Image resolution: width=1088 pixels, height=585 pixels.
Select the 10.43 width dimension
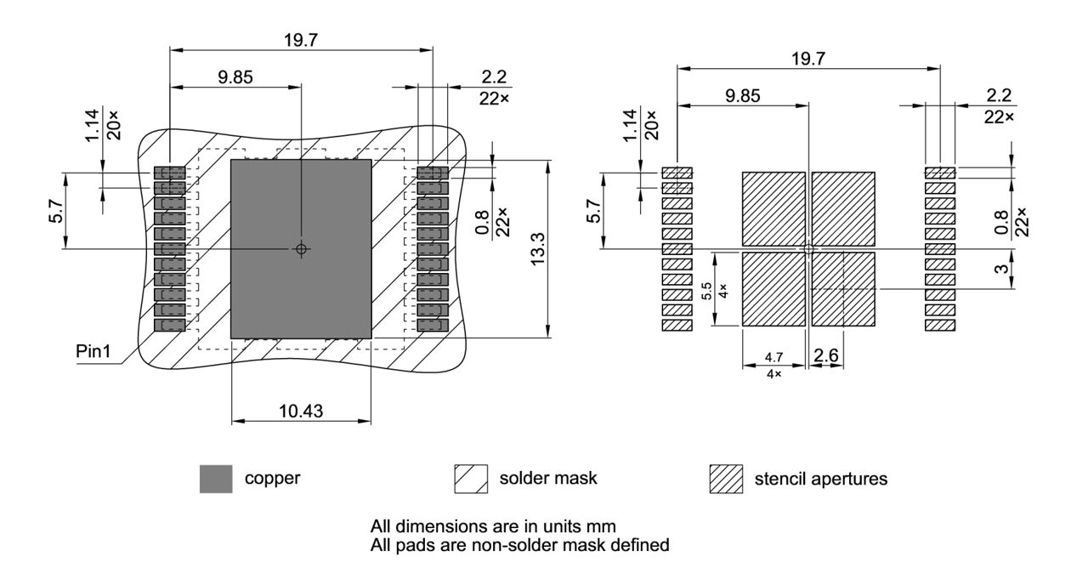[300, 411]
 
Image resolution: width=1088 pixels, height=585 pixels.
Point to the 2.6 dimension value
[825, 357]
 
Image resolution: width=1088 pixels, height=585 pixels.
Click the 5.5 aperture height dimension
[706, 290]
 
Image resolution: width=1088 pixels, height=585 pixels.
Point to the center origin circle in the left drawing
[301, 249]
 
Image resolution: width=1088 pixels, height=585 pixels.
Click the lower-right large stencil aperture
[843, 289]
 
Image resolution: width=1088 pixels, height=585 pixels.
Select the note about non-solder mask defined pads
[520, 544]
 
